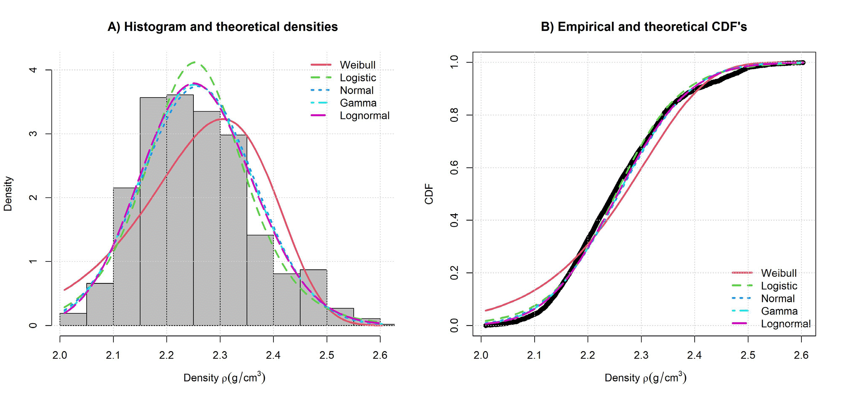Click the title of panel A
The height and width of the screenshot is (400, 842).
point(222,27)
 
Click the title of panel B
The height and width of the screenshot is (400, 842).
point(643,27)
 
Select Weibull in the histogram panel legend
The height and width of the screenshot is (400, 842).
point(357,65)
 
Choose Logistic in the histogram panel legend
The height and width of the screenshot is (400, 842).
point(358,78)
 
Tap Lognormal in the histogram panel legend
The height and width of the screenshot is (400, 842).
point(364,116)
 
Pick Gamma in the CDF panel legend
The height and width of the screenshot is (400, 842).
point(779,311)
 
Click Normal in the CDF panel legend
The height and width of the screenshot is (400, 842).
point(778,299)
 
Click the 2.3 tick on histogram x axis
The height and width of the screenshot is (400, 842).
point(220,355)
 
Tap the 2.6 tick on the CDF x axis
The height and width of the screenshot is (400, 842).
point(801,355)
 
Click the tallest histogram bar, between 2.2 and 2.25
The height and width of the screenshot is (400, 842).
point(180,211)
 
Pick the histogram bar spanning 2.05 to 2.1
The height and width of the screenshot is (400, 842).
point(100,304)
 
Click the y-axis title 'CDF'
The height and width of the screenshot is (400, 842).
point(429,194)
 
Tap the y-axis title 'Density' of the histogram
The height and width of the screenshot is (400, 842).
point(8,194)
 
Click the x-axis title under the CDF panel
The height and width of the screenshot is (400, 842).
point(645,377)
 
